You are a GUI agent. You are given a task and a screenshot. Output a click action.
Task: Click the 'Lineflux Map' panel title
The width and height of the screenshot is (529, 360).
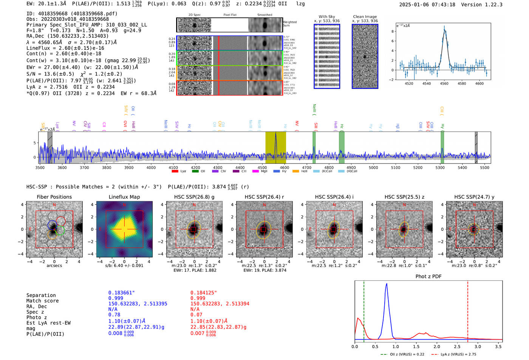pos(124,197)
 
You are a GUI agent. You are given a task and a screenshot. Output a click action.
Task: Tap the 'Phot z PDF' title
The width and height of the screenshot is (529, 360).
pos(428,277)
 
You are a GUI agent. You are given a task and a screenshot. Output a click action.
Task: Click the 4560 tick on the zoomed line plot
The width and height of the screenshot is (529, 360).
pos(444,83)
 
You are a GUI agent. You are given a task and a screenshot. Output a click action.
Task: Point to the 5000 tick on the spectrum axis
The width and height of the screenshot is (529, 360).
pos(373,167)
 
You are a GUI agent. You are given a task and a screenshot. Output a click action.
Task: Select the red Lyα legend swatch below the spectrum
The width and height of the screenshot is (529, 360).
pos(175,172)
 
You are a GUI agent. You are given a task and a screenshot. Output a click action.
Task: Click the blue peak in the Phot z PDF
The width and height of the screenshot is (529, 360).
pos(386,284)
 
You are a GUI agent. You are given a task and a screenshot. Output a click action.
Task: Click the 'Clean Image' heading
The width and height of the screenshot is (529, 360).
pos(365,17)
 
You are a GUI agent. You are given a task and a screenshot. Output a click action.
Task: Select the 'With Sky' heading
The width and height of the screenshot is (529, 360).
pos(326,17)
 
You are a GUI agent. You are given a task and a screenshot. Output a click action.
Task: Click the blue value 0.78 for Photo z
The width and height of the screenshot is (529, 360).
pos(114,315)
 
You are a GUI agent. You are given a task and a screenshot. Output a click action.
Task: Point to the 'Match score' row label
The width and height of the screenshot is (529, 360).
pos(42,301)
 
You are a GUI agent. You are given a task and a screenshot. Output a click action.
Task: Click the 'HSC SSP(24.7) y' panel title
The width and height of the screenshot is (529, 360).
pos(474,197)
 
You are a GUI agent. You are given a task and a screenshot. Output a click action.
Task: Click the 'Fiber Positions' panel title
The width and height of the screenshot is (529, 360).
pos(54,197)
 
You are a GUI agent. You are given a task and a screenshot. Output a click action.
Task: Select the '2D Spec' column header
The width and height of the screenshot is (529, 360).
pos(194,15)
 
